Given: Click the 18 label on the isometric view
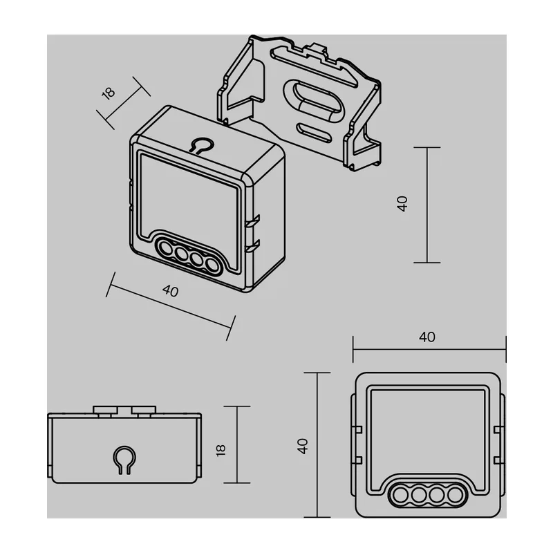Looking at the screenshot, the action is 109,93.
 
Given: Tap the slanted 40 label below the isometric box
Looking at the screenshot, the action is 170,291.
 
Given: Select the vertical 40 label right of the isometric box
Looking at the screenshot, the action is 402,204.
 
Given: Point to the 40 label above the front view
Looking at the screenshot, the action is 427,337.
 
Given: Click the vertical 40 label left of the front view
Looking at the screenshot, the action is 303,446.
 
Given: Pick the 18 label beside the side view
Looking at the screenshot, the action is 220,451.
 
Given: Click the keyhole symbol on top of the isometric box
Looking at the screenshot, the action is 201,145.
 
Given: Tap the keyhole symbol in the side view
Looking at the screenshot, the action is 124,460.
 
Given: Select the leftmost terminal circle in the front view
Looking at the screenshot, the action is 401,495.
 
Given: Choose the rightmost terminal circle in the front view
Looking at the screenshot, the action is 456,495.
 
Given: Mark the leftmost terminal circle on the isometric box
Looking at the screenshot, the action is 165,248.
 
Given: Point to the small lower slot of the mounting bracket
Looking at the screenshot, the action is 314,133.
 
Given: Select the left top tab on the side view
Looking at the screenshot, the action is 105,410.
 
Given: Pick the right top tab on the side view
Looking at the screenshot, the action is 144,410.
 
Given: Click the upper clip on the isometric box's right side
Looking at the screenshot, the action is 252,221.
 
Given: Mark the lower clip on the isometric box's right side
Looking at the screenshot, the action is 252,245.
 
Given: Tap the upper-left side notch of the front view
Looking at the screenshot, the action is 357,429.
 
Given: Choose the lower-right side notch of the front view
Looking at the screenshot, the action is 499,460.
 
